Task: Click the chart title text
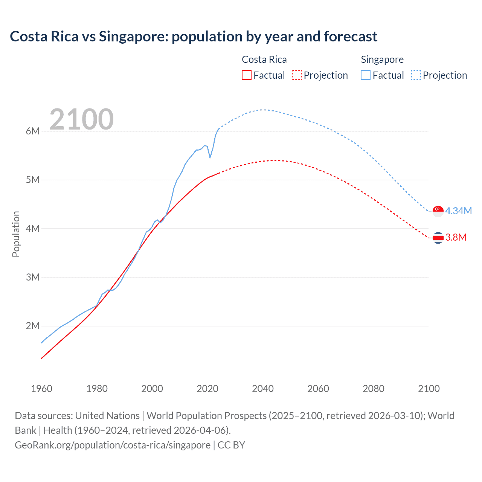pos(194,37)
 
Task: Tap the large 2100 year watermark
pos(81,119)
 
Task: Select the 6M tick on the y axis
pos(33,131)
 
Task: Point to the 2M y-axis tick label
pos(33,326)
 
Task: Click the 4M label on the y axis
pos(33,229)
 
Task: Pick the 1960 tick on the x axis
pos(41,389)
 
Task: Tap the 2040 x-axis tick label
pos(263,389)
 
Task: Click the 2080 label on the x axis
pos(374,389)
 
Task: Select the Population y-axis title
pos(16,234)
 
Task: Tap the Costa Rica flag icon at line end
pos(438,238)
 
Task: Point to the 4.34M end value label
pos(458,211)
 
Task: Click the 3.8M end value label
pos(456,237)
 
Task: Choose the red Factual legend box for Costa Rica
pos(246,75)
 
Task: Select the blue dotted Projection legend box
pos(416,75)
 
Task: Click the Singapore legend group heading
pos(382,59)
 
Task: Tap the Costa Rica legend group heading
pos(264,59)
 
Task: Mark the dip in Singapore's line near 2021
pos(210,157)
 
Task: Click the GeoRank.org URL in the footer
pos(113,445)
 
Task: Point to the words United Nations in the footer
pos(107,416)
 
